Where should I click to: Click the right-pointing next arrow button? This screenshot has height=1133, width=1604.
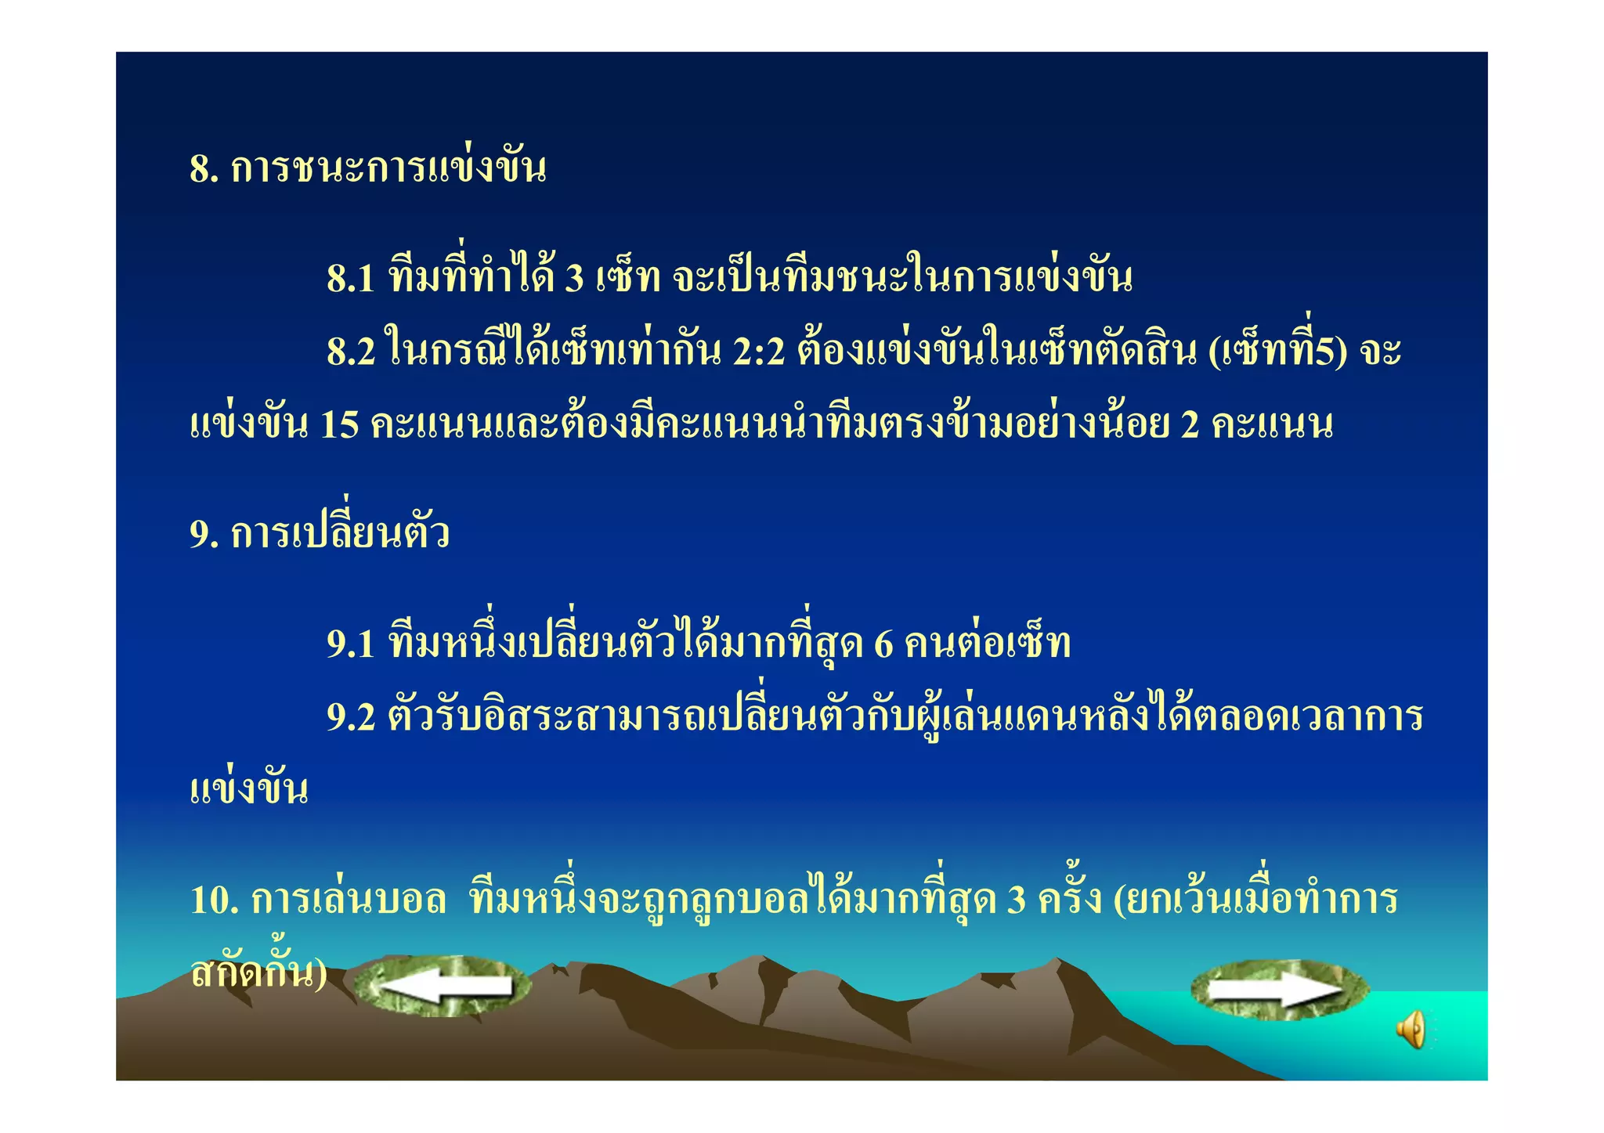pos(1279,990)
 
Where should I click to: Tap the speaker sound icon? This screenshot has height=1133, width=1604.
pos(1411,1030)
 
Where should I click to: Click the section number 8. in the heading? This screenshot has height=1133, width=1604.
pos(204,168)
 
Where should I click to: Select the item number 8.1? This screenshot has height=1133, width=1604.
pos(351,278)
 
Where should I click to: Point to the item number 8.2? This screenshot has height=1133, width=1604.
pos(351,352)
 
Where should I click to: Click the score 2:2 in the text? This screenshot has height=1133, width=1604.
pos(758,352)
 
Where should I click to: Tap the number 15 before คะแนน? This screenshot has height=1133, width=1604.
pos(339,425)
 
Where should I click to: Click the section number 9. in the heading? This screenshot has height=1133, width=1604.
pos(204,535)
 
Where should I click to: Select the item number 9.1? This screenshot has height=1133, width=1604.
pos(351,644)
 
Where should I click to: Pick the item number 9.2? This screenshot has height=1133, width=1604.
pos(351,717)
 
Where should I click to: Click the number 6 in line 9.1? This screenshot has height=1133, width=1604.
pos(883,644)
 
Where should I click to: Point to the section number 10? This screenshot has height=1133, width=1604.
pos(214,900)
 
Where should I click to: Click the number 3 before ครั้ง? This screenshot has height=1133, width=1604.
pos(1016,900)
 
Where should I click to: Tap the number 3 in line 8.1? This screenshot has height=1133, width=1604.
pos(575,278)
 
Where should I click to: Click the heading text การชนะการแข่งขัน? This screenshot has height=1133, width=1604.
pos(388,168)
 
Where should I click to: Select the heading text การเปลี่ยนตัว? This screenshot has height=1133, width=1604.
pos(340,535)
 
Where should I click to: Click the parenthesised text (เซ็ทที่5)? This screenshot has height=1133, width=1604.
pos(1277,352)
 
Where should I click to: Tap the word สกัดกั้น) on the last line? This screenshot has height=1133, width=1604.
pos(258,973)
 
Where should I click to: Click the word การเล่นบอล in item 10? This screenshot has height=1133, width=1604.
pos(349,900)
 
